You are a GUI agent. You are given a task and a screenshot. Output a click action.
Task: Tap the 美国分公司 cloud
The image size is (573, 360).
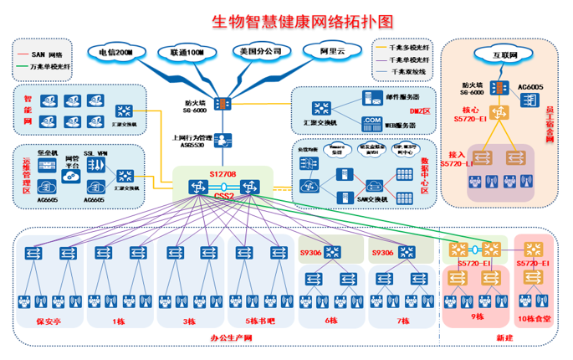pyautogui.click(x=259, y=52)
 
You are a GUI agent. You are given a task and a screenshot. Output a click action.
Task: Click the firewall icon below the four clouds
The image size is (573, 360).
pyautogui.click(x=223, y=104)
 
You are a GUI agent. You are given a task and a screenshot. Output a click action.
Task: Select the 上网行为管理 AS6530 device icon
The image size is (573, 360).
pyautogui.click(x=223, y=140)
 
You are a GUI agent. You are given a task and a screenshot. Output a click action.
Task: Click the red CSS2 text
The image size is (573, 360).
pyautogui.click(x=222, y=196)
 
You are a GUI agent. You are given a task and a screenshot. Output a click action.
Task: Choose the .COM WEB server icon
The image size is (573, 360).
pyautogui.click(x=368, y=122)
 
